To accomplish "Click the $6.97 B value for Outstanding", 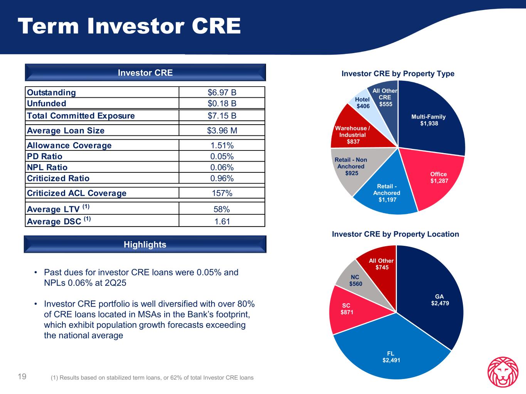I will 222,92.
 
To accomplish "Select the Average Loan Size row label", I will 66,130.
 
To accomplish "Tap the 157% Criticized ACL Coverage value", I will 222,193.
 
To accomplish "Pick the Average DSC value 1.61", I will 222,221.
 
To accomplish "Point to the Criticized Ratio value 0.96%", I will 222,178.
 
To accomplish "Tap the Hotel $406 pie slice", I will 363,102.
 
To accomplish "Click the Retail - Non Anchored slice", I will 351,166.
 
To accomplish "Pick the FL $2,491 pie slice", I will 391,356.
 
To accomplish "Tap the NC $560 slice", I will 355,280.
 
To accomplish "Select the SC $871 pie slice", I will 346,309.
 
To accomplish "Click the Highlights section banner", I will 145,244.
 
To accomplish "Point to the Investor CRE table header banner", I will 145,73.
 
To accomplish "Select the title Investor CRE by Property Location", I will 395,234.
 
